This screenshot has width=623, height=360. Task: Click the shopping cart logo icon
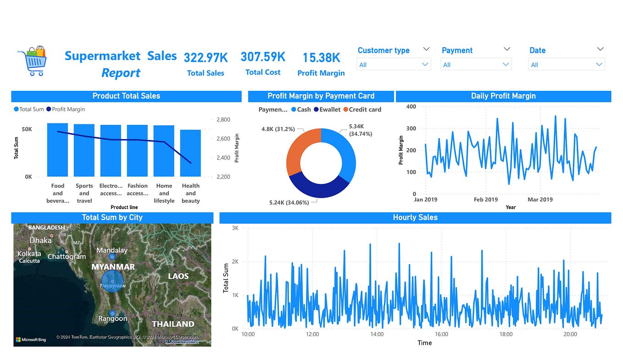pyautogui.click(x=32, y=61)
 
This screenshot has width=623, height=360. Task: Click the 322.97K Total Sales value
pyautogui.click(x=206, y=58)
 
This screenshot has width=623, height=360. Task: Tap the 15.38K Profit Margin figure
pyautogui.click(x=321, y=58)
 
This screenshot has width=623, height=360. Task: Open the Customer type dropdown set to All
pyautogui.click(x=394, y=65)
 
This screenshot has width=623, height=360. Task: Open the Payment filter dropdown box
pyautogui.click(x=476, y=65)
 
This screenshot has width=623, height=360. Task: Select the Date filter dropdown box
pyautogui.click(x=567, y=65)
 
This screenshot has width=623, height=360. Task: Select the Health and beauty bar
pyautogui.click(x=190, y=153)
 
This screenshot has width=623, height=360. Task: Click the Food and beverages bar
pyautogui.click(x=57, y=150)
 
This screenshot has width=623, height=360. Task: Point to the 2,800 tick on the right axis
pyautogui.click(x=223, y=120)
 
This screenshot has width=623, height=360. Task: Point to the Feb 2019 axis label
pyautogui.click(x=485, y=199)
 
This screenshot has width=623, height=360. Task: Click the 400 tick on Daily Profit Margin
pyautogui.click(x=411, y=106)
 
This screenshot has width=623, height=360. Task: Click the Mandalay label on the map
pyautogui.click(x=112, y=250)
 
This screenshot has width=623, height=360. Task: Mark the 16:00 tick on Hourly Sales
pyautogui.click(x=441, y=334)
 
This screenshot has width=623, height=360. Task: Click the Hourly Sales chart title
pyautogui.click(x=415, y=217)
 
